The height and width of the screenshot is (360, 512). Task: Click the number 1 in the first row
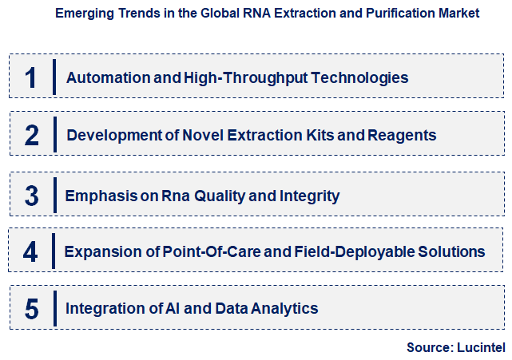click(31, 77)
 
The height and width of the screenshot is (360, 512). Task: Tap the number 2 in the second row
click(31, 135)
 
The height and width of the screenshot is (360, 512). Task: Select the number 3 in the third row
click(31, 196)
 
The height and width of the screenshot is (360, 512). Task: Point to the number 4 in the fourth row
click(30, 252)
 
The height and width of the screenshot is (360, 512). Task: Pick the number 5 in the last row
click(31, 309)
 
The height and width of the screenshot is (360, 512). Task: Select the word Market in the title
click(458, 14)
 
